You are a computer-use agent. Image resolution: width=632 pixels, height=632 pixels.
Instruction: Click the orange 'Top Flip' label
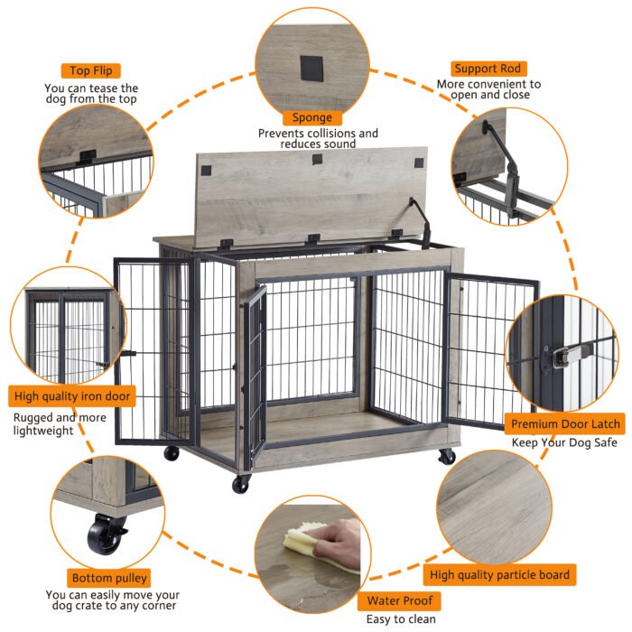pos(91,70)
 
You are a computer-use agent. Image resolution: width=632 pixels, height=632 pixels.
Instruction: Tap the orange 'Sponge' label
pos(311,117)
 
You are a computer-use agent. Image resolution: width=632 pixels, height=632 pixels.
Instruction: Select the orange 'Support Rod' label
pos(488,69)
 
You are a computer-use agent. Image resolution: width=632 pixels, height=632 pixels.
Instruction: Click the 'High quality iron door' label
pos(72,395)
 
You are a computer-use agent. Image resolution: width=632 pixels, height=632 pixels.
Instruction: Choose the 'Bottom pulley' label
pos(108,578)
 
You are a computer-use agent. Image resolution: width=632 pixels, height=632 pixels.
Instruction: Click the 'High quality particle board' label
pos(499,574)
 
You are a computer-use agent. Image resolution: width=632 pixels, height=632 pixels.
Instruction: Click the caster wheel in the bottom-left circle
pos(107,534)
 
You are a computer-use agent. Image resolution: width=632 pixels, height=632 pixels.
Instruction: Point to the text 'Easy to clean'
pos(400,619)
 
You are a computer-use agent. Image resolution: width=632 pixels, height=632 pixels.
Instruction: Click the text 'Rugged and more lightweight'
pos(59,425)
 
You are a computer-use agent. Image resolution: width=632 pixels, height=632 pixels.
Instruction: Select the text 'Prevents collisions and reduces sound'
pos(318,138)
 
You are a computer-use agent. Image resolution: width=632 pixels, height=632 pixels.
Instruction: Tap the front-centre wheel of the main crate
pos(240,485)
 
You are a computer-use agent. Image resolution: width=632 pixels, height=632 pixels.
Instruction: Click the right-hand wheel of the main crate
pos(446,457)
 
